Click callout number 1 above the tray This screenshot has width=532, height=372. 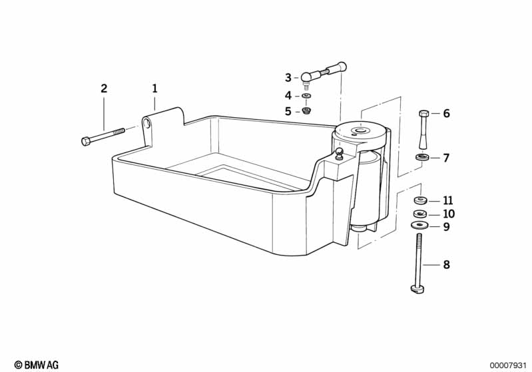[154, 89]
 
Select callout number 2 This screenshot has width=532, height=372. [104, 89]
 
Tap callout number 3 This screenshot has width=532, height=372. [288, 78]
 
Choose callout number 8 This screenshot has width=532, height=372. [447, 264]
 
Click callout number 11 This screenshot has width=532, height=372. [448, 200]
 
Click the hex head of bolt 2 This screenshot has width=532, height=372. [86, 140]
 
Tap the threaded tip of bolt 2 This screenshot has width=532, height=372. [121, 130]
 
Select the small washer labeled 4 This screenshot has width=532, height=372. [307, 96]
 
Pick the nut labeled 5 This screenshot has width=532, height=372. [307, 110]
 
